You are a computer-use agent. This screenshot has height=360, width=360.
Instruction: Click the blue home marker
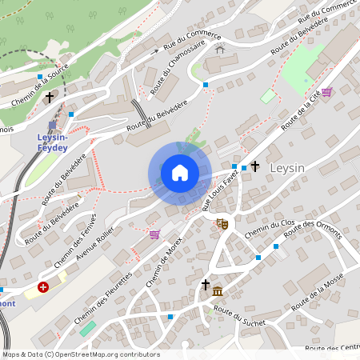180,173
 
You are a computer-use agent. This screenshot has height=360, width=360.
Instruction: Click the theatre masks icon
222,224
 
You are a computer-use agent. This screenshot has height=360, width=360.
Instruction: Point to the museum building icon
218,289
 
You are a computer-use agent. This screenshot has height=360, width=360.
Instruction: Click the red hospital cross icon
43,286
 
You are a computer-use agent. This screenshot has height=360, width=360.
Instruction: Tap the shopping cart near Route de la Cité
326,92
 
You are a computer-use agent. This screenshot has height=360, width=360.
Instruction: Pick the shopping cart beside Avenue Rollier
154,234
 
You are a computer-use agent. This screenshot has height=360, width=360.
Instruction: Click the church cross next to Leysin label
255,166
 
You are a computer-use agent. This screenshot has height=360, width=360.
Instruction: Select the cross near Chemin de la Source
50,97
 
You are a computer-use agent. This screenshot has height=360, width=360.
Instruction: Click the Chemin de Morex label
165,262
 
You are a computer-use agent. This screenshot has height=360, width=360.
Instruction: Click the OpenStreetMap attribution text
81,354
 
